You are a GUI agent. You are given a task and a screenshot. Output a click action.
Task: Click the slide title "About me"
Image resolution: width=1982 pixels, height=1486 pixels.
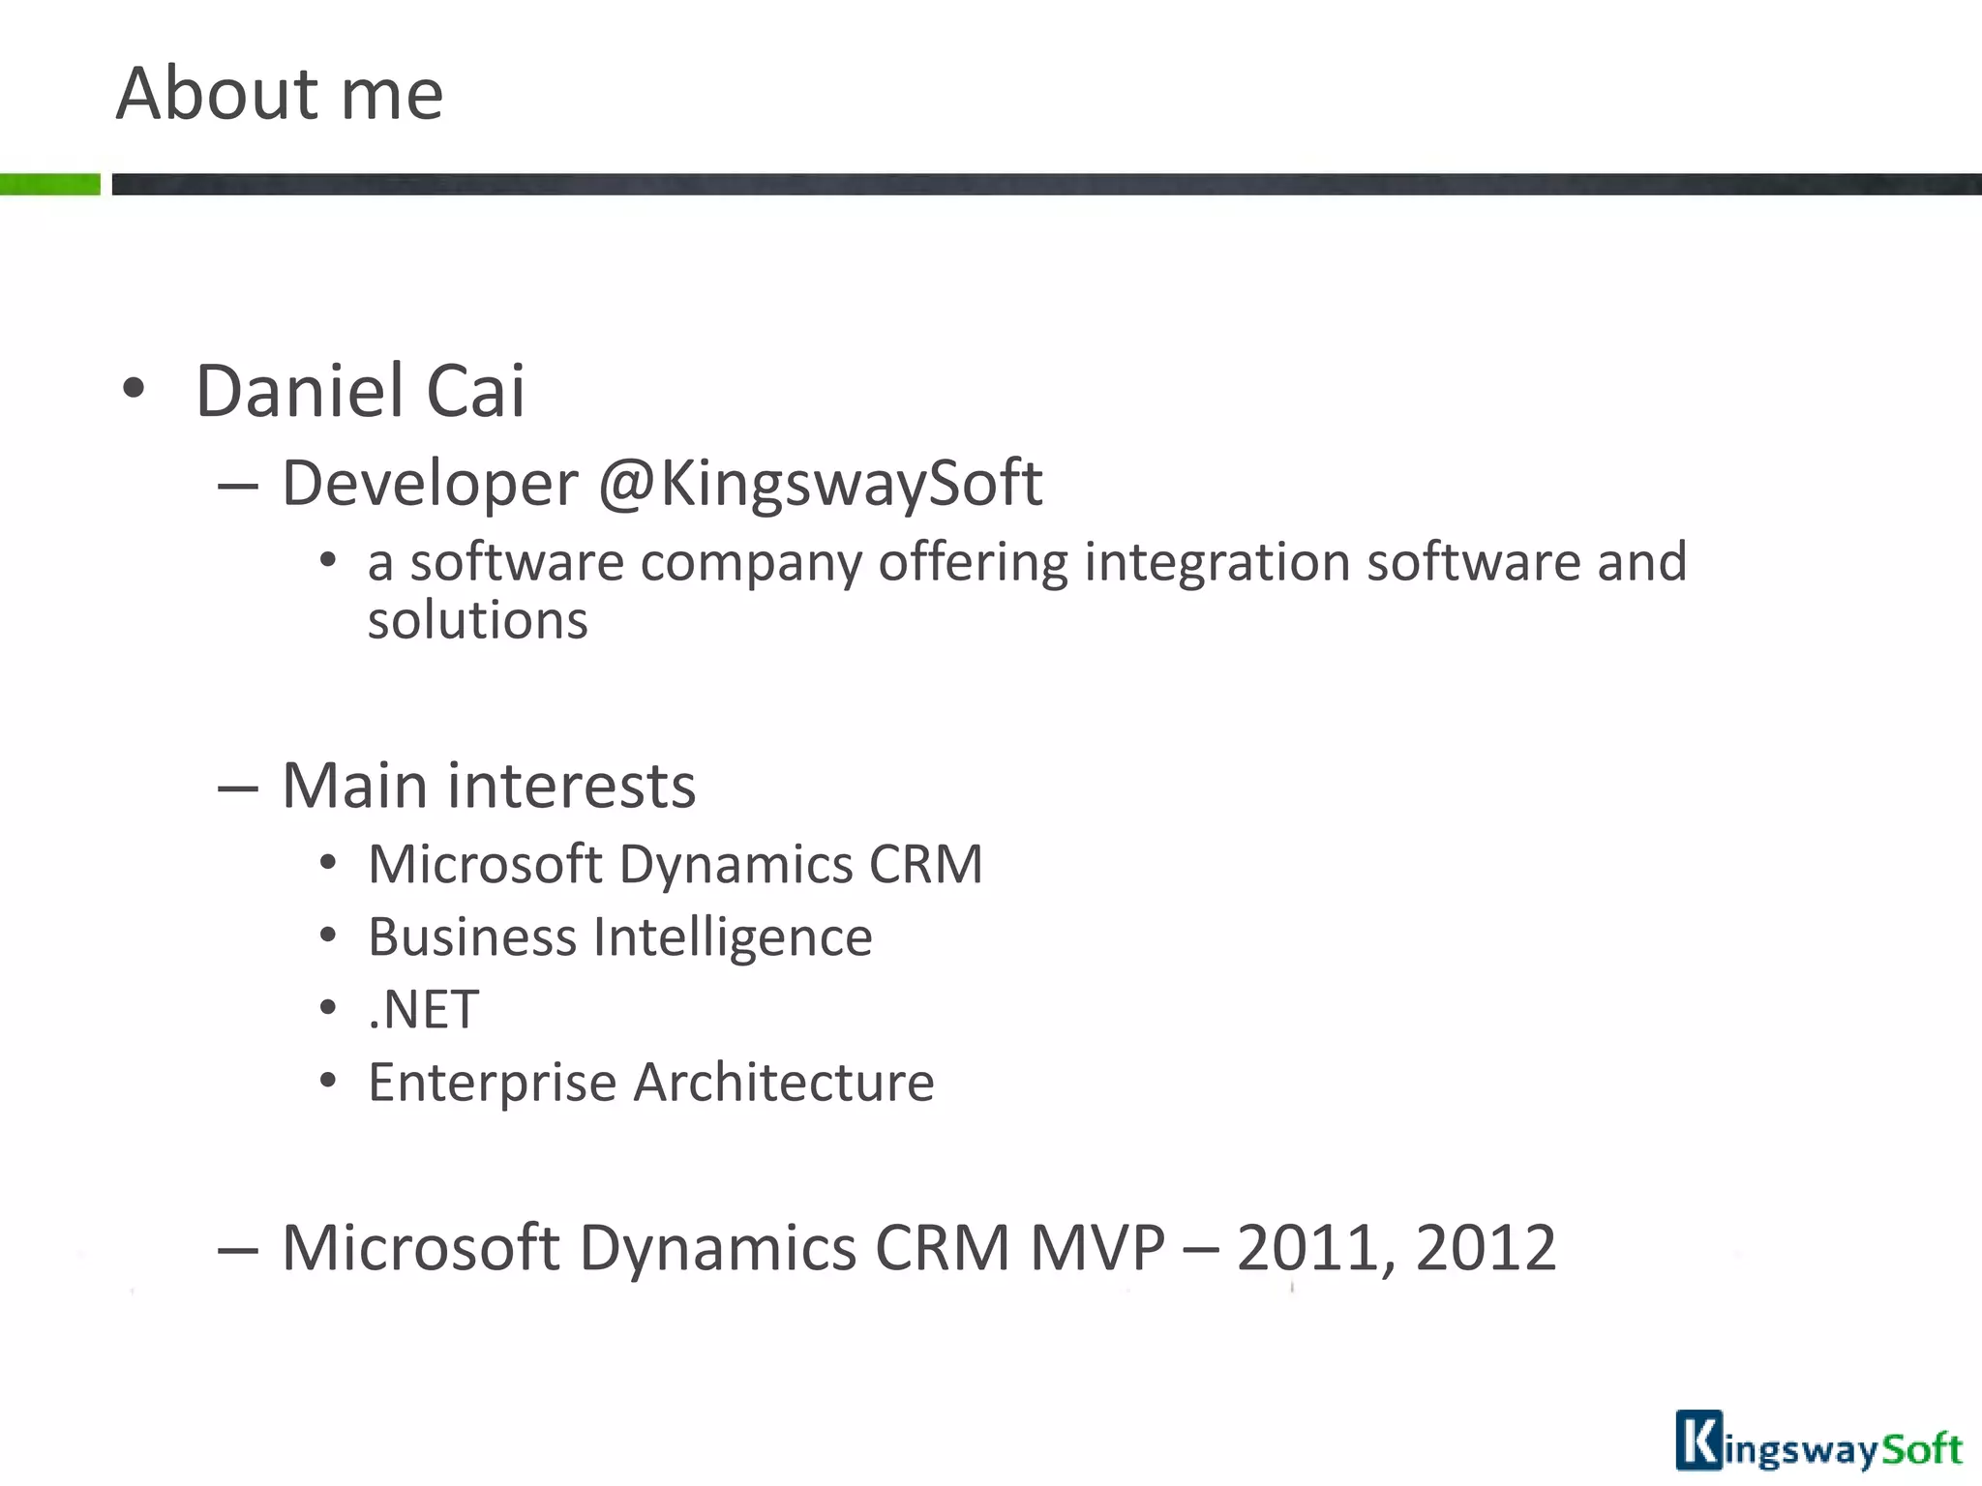[x=280, y=94]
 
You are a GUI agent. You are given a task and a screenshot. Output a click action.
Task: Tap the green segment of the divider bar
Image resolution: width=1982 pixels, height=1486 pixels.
[x=49, y=184]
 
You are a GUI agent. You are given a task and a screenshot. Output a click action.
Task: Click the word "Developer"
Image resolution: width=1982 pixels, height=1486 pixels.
[x=430, y=484]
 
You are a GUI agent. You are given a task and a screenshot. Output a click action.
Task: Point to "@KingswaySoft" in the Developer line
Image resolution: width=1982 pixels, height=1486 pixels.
[x=821, y=484]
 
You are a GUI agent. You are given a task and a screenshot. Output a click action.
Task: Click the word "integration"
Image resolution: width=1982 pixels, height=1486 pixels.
[x=1216, y=562]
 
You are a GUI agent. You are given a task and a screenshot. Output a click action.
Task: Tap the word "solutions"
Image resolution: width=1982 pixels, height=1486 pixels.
[x=477, y=620]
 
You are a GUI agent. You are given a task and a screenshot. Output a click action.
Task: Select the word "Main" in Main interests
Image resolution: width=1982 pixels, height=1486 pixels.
[x=353, y=786]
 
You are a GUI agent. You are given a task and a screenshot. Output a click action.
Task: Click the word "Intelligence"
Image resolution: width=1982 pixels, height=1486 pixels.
[x=732, y=937]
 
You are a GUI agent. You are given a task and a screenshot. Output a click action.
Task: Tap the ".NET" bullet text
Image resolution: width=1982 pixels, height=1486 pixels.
[x=423, y=1010]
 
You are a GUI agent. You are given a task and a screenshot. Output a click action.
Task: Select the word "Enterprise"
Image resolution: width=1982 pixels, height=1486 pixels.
[x=492, y=1083]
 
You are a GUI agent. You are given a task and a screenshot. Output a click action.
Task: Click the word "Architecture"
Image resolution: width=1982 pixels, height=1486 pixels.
[x=784, y=1083]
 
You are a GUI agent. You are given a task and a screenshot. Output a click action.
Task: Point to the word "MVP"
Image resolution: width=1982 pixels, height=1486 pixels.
[x=1097, y=1248]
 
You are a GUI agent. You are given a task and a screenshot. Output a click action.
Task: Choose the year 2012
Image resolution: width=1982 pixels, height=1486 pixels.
[x=1486, y=1248]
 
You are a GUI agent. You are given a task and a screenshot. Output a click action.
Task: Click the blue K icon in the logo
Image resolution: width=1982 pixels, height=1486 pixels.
[x=1698, y=1441]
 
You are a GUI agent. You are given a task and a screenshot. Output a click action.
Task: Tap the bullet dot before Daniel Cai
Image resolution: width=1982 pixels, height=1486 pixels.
[x=134, y=390]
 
